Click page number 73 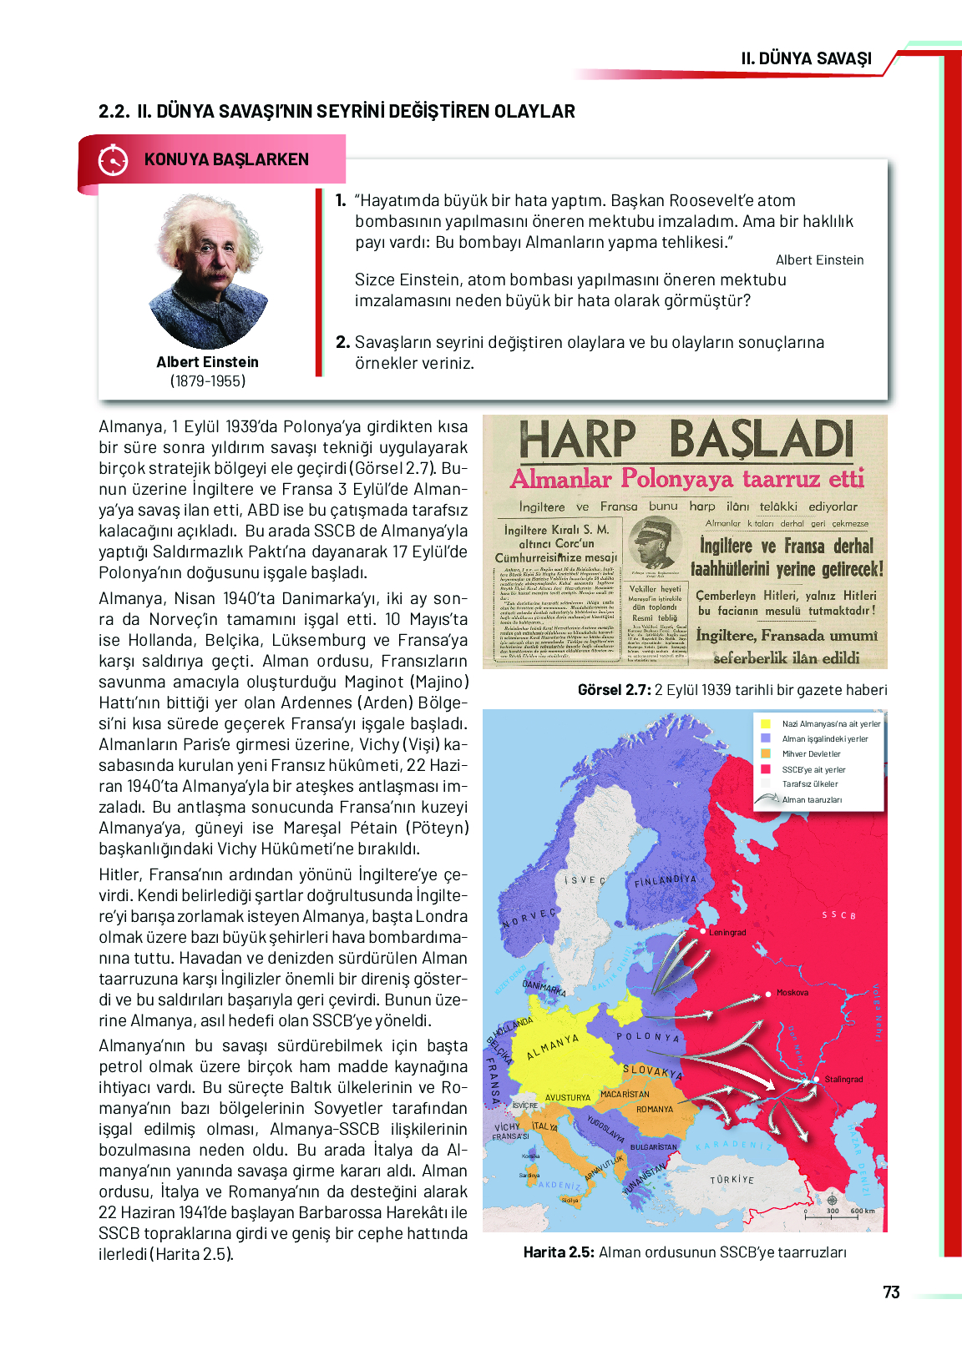pyautogui.click(x=891, y=1292)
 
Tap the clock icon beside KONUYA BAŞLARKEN pyautogui.click(x=113, y=159)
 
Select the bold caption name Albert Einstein pyautogui.click(x=207, y=362)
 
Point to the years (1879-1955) pyautogui.click(x=208, y=381)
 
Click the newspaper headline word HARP pyautogui.click(x=577, y=440)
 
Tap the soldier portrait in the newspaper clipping pyautogui.click(x=655, y=541)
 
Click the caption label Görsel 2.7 pyautogui.click(x=614, y=690)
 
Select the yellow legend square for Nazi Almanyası pyautogui.click(x=766, y=723)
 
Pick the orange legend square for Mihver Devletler pyautogui.click(x=766, y=753)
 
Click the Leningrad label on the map pyautogui.click(x=727, y=932)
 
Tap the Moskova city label pyautogui.click(x=792, y=993)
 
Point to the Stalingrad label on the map pyautogui.click(x=843, y=1079)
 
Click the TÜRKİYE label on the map pyautogui.click(x=732, y=1180)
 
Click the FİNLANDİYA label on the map pyautogui.click(x=665, y=880)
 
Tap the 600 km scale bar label pyautogui.click(x=863, y=1211)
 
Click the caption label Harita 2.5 pyautogui.click(x=559, y=1252)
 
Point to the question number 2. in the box pyautogui.click(x=342, y=342)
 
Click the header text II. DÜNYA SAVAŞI pyautogui.click(x=806, y=58)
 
